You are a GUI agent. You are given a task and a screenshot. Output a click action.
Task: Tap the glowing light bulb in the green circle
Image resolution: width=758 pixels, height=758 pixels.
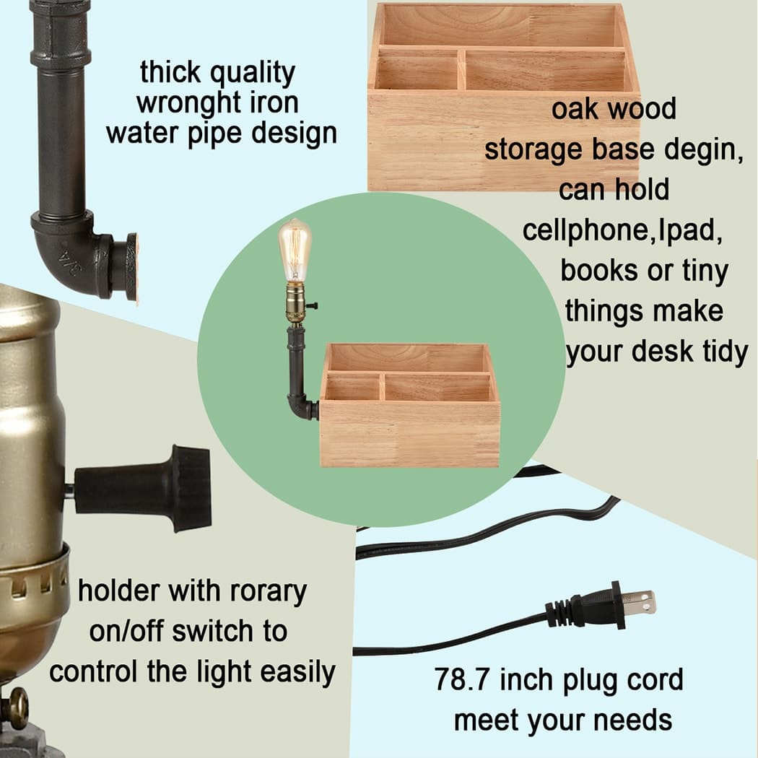click(295, 250)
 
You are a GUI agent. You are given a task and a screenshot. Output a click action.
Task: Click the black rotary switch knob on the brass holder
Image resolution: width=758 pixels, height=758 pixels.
click(143, 487)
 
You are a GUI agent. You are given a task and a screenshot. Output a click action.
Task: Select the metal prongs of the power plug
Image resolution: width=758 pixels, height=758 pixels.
click(638, 602)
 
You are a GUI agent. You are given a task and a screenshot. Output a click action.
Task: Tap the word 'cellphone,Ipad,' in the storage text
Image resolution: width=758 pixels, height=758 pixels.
click(622, 230)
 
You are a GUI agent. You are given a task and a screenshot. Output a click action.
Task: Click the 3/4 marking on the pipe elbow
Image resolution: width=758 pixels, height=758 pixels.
click(70, 262)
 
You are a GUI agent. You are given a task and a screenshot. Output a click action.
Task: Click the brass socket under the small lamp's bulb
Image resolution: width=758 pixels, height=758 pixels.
click(295, 302)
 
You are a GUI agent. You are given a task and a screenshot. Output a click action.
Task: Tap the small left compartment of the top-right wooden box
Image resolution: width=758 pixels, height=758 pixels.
click(417, 72)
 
